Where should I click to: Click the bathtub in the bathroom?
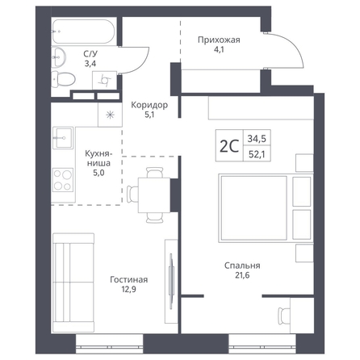tap(83, 31)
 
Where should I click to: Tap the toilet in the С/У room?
tap(63, 79)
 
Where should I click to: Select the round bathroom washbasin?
tap(58, 57)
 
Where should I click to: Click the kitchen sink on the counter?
tap(63, 138)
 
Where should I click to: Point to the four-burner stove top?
tap(63, 180)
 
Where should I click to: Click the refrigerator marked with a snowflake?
tap(110, 115)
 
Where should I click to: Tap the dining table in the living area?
tap(154, 195)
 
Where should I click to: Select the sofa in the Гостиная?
tap(73, 283)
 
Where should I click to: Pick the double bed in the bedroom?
tap(266, 208)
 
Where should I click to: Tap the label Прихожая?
tap(219, 40)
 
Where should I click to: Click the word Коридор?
tap(149, 105)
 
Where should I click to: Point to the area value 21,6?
tap(242, 275)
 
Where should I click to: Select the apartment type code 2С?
tap(229, 146)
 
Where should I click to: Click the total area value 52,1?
tap(257, 154)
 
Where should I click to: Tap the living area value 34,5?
tap(257, 139)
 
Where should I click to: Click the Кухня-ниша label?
tap(98, 158)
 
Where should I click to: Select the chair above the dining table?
tap(155, 173)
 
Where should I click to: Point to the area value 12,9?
tap(128, 289)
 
